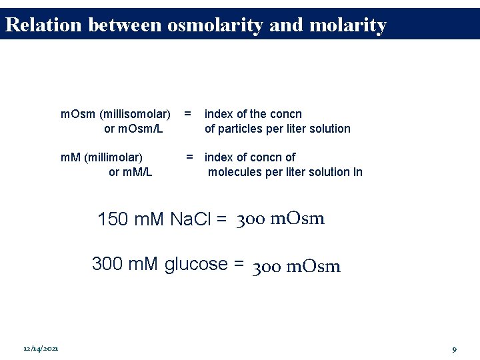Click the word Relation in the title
[x=43, y=25]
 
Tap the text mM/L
[x=131, y=172]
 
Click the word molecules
[x=236, y=172]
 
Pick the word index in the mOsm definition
[x=219, y=114]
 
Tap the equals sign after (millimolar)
[x=190, y=157]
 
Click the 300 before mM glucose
[x=107, y=264]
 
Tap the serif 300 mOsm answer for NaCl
[x=281, y=219]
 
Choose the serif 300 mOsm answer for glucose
[x=297, y=267]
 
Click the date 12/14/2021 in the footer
[x=41, y=349]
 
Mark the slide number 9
[x=454, y=349]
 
